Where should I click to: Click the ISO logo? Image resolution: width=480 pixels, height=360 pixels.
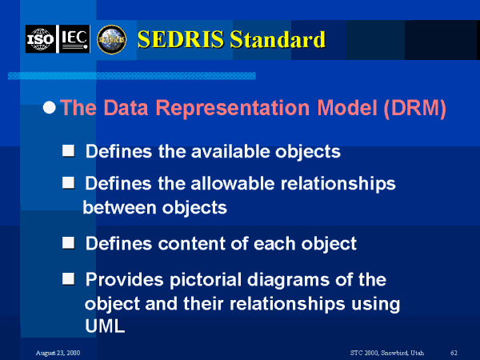point(41,39)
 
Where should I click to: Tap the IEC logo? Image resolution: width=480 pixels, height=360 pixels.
point(74,39)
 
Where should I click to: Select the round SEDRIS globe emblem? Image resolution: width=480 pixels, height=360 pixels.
point(112,39)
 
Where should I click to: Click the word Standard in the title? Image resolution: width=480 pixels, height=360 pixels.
point(278,39)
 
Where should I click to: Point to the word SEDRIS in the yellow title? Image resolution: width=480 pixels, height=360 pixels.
point(181,39)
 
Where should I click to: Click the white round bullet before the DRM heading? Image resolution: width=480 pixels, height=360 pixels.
point(50,107)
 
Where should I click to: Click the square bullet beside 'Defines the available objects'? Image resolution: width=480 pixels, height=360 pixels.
point(68,150)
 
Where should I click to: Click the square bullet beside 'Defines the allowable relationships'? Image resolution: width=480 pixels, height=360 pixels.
point(68,182)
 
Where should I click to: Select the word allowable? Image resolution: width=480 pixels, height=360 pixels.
point(233,183)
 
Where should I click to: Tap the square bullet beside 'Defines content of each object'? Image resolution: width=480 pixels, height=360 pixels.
point(68,242)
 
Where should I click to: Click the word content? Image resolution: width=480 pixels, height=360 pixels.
point(192,244)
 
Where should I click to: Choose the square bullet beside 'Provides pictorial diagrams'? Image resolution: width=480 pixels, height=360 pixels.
point(68,279)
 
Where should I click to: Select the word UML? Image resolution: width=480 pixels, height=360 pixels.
point(105,326)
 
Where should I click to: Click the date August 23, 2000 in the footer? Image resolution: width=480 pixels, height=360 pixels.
point(58,353)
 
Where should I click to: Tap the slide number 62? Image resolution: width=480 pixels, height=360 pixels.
point(454,353)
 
